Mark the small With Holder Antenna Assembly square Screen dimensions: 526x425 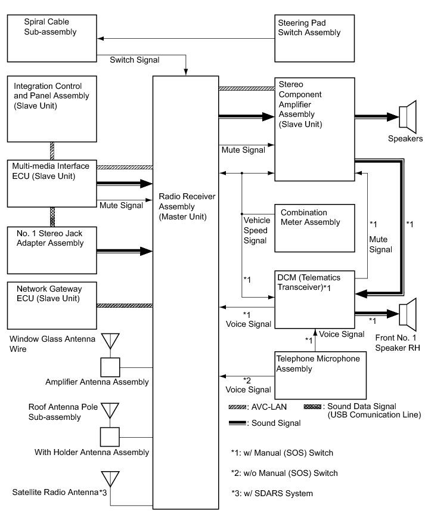pos(110,437)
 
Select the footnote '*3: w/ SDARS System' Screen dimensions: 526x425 pos(272,493)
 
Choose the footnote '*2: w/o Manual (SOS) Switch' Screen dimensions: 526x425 pos(284,473)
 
